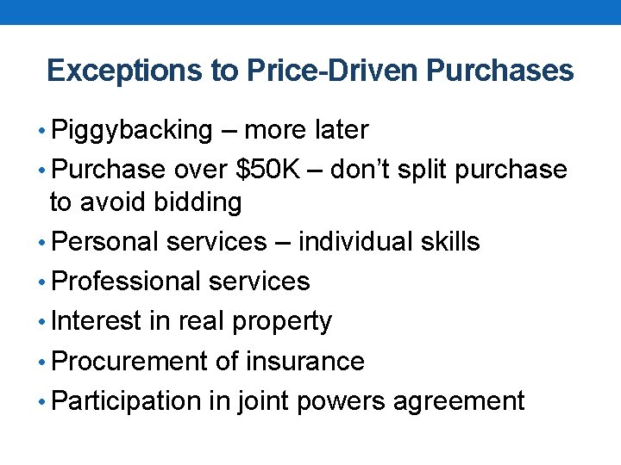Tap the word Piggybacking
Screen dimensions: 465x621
(132, 131)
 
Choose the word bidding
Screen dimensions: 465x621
(198, 202)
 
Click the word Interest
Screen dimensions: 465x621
(96, 321)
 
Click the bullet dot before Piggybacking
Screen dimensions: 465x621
(44, 132)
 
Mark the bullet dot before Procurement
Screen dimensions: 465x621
(44, 363)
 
